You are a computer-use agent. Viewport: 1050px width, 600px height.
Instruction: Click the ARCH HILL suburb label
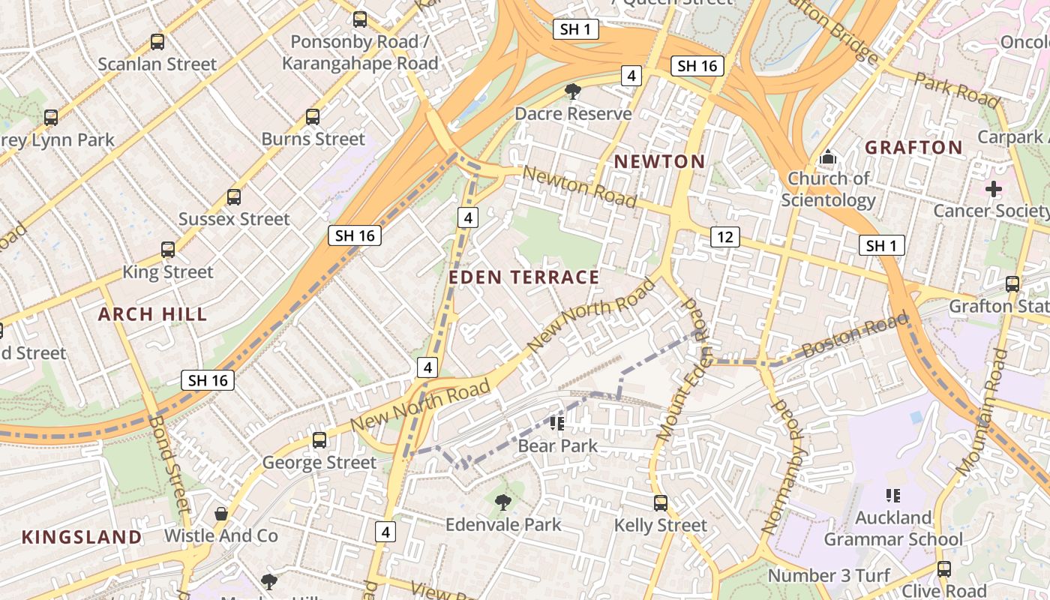tap(152, 314)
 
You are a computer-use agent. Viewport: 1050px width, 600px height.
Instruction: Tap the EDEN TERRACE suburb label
tap(524, 277)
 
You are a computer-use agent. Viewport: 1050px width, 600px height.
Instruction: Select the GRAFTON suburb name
tap(913, 148)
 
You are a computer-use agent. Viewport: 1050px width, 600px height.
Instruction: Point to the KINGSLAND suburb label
tap(82, 537)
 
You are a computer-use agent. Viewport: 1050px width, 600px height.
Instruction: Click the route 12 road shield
tap(724, 237)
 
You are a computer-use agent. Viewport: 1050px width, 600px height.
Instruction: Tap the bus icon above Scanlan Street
tap(157, 42)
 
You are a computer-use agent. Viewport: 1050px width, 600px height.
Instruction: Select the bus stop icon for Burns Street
tap(313, 117)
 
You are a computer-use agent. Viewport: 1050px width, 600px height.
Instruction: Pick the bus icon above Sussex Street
tap(234, 197)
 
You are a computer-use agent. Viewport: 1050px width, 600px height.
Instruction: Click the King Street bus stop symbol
tap(168, 250)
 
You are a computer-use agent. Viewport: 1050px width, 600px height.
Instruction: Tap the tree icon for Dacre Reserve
tap(573, 91)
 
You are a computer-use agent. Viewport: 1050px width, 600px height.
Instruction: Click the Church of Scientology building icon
tap(828, 157)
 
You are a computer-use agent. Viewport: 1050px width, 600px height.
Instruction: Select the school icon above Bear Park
tap(557, 424)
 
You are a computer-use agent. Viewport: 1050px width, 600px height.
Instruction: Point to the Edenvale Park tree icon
tap(503, 502)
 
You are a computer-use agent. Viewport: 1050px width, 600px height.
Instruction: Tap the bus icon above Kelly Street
tap(660, 503)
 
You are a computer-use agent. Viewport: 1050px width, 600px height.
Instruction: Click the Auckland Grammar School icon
tap(892, 496)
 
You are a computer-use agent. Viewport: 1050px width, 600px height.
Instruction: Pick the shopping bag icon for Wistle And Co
tap(220, 514)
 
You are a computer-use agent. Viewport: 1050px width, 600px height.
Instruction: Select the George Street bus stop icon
tap(319, 440)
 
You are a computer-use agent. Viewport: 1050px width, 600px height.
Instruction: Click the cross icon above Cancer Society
tap(994, 189)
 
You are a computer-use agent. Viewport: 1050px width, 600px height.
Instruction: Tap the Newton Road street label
tap(580, 187)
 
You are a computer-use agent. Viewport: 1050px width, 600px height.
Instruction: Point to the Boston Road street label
tap(854, 337)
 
